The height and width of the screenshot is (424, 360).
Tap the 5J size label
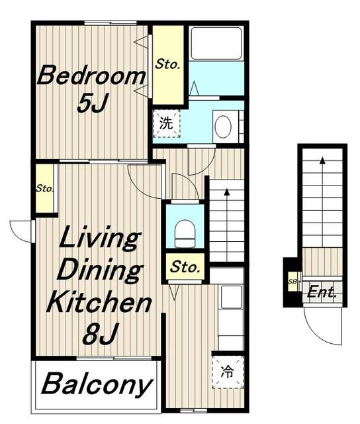click(93, 103)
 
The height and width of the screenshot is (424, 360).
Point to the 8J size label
click(101, 334)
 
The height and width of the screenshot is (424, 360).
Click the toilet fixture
click(185, 233)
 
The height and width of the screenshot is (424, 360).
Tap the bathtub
click(216, 43)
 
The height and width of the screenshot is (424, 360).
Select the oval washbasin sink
click(223, 127)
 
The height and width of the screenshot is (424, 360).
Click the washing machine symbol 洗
click(166, 124)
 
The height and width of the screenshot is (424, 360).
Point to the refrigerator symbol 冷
click(227, 372)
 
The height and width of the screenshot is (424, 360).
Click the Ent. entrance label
click(322, 292)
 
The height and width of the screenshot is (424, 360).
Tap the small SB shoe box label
click(292, 282)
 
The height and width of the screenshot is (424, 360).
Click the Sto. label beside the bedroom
click(167, 64)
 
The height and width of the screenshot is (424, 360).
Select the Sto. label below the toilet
click(185, 267)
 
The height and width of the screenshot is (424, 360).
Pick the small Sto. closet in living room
click(45, 188)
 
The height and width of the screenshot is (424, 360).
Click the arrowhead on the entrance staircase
click(322, 160)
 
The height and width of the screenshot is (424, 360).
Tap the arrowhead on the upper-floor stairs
click(227, 192)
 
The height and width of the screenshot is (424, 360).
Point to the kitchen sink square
click(232, 296)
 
